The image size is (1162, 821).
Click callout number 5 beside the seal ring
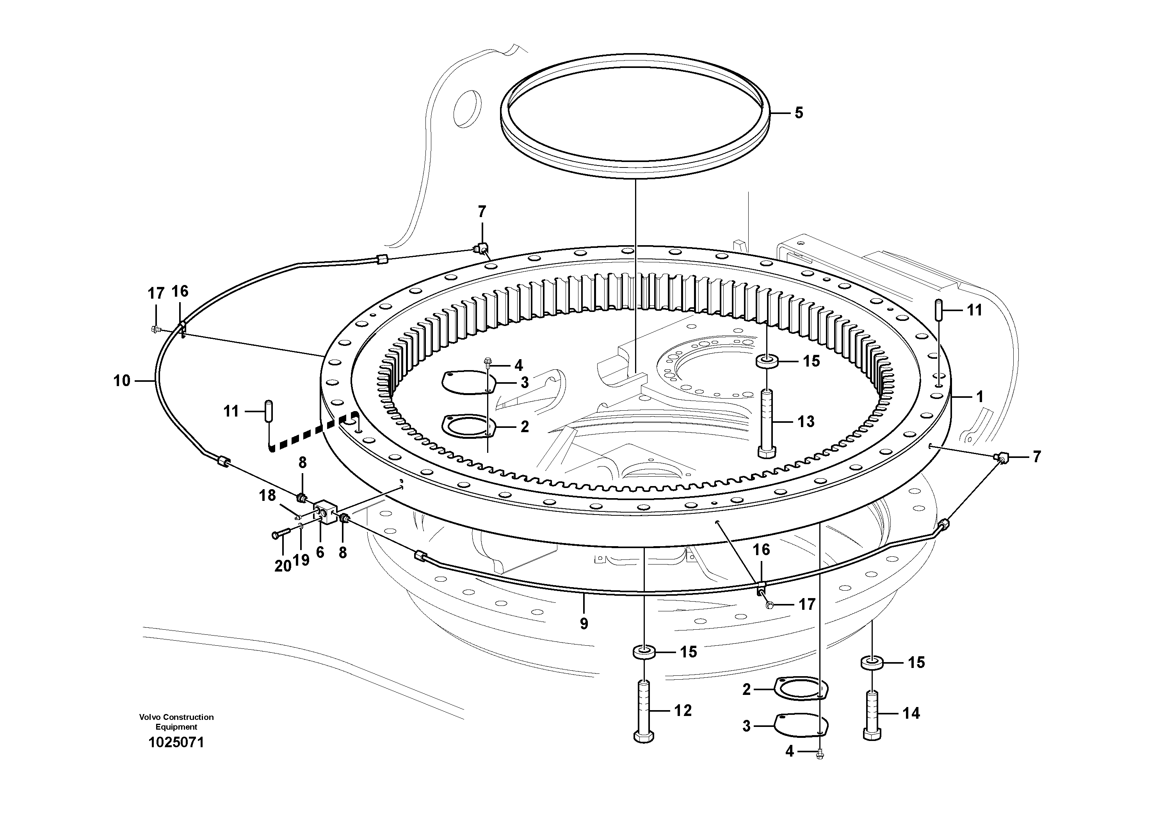799,112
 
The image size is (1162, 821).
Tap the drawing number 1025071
176,743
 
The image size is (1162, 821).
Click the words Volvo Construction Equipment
176,722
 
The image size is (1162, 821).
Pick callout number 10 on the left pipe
121,381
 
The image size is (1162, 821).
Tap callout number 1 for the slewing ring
979,397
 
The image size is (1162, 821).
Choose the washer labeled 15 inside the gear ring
767,362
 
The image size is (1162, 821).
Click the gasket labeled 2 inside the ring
466,424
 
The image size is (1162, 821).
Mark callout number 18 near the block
268,495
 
